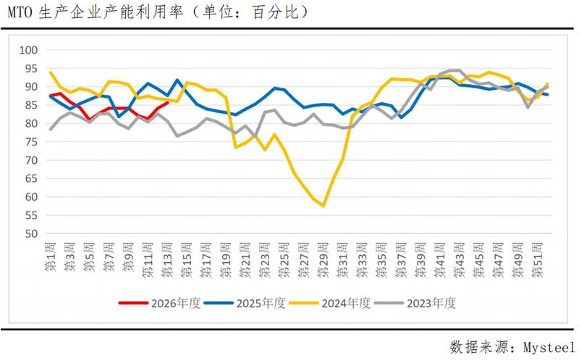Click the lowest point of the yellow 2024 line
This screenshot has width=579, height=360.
(x=323, y=206)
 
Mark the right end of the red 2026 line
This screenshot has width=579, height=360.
(x=168, y=102)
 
